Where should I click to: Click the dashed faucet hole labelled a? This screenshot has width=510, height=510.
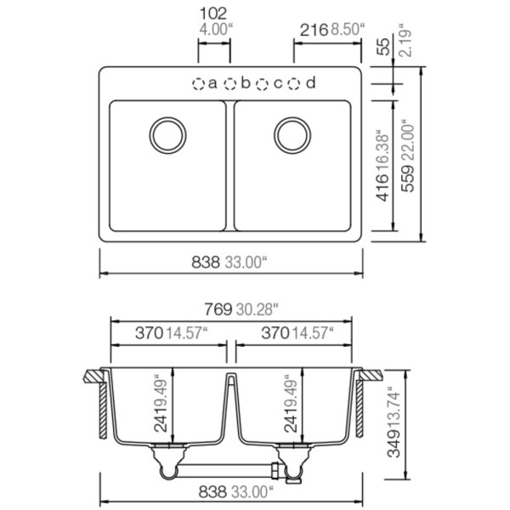pos(198,84)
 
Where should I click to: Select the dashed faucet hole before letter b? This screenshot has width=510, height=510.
pos(230,84)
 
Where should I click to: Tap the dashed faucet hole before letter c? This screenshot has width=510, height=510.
pos(262,84)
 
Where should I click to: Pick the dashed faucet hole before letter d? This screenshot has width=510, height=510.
pos(294,84)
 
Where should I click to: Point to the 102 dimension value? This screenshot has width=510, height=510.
pos(213,14)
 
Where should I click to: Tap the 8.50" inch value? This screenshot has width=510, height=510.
pos(348,30)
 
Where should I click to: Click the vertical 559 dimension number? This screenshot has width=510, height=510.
pos(409,178)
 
